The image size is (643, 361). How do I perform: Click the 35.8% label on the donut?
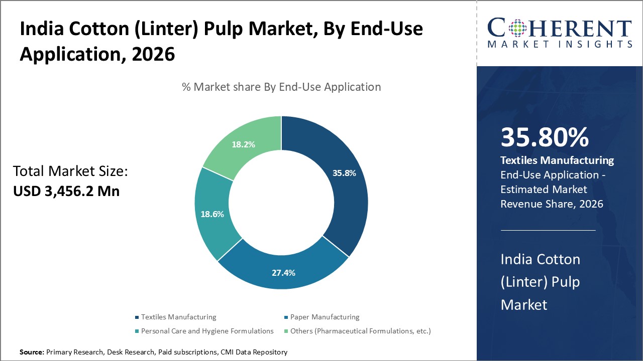[344, 173]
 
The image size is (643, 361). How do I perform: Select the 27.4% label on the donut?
[283, 273]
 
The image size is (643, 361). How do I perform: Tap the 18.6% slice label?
[211, 214]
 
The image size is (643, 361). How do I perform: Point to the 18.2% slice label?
[243, 144]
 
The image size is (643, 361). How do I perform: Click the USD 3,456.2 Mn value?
[66, 191]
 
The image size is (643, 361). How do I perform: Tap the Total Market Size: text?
[71, 171]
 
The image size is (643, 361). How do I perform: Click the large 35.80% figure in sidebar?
[545, 138]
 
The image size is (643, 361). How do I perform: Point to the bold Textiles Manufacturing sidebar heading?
[557, 160]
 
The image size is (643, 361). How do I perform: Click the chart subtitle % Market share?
[281, 87]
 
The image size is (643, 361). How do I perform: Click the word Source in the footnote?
[32, 352]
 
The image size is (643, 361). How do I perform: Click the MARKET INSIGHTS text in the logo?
[559, 44]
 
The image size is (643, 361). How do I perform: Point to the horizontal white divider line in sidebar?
[548, 231]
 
